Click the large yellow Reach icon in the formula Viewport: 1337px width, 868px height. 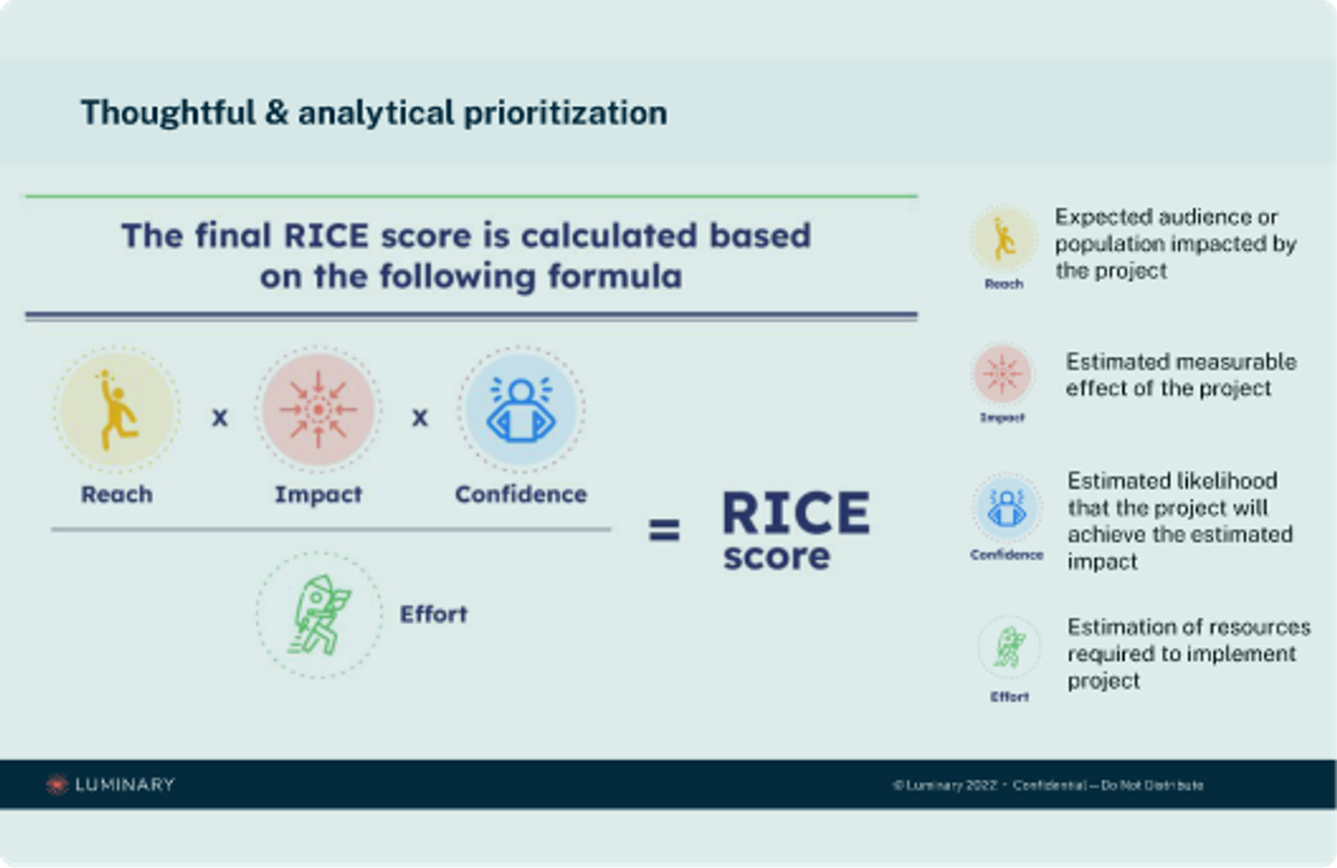117,410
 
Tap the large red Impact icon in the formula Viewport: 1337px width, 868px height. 318,409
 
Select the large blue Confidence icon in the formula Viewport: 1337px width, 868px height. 521,409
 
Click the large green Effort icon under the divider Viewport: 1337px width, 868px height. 319,614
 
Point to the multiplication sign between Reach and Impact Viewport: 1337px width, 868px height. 219,417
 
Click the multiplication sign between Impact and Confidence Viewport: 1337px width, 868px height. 420,417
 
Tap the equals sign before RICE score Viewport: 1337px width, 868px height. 664,530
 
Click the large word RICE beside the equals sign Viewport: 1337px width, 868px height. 795,513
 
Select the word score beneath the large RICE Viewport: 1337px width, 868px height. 776,557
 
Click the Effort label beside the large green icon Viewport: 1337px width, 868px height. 433,614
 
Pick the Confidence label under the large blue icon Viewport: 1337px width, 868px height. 521,495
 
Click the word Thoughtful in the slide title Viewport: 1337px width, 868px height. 168,113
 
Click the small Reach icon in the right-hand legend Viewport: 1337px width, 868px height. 1004,239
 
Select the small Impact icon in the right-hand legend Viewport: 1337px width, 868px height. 1003,373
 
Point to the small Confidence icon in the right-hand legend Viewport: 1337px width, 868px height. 1007,509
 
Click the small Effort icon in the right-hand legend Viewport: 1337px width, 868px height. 1009,648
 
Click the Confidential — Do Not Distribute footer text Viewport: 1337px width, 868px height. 1108,785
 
